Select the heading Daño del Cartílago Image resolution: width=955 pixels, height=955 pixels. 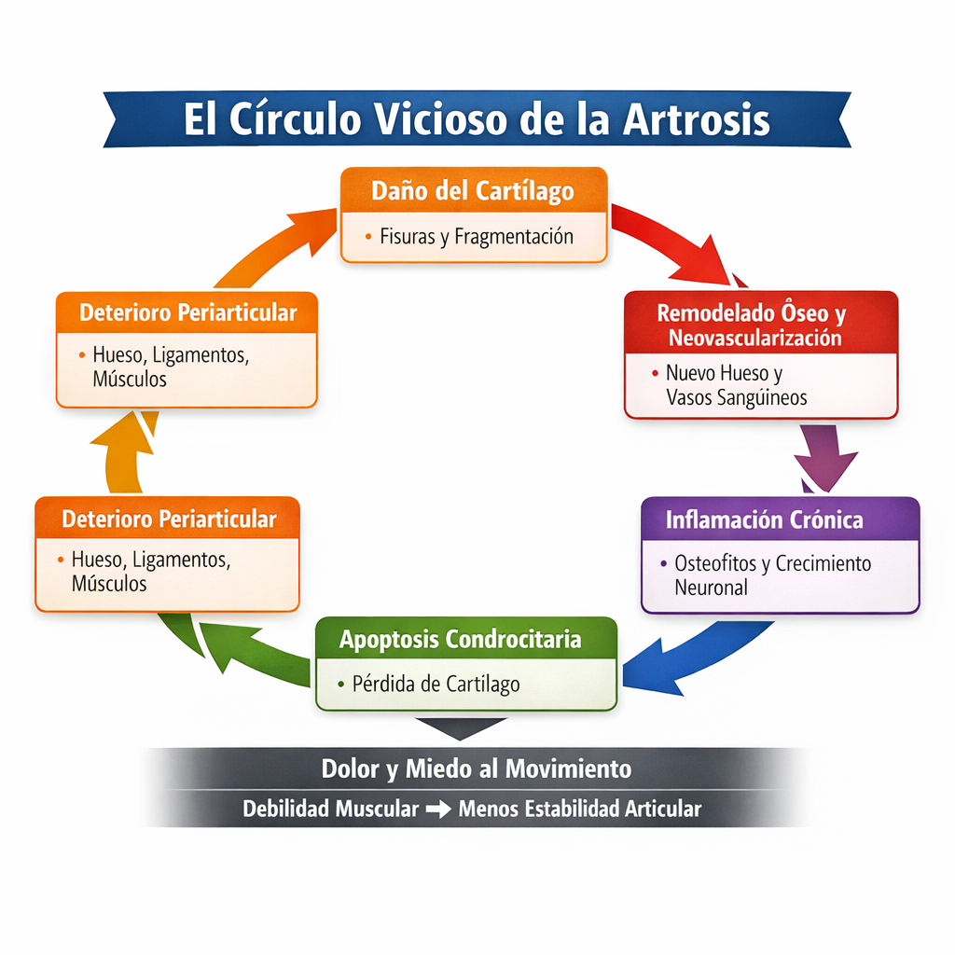(x=473, y=191)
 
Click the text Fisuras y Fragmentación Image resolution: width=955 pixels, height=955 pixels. (x=476, y=236)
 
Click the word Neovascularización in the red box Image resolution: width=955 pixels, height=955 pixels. (x=760, y=338)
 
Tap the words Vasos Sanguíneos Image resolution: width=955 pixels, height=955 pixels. (x=737, y=397)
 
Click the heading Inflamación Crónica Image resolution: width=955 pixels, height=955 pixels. (x=764, y=519)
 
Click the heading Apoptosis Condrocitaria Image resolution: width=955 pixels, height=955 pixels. (x=461, y=640)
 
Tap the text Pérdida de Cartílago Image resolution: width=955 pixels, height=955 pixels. (x=436, y=684)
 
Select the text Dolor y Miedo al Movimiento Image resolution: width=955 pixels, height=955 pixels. (x=476, y=768)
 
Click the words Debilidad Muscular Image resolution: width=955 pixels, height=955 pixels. (x=330, y=809)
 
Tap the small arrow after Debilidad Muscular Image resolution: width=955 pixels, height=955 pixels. (x=438, y=810)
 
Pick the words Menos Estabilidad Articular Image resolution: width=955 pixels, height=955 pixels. (x=579, y=809)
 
